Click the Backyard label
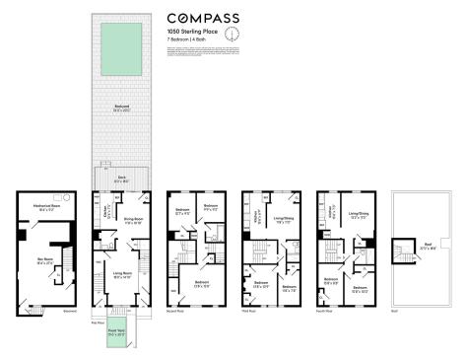pos(121,109)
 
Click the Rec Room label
pos(43,261)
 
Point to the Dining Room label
pos(134,222)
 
